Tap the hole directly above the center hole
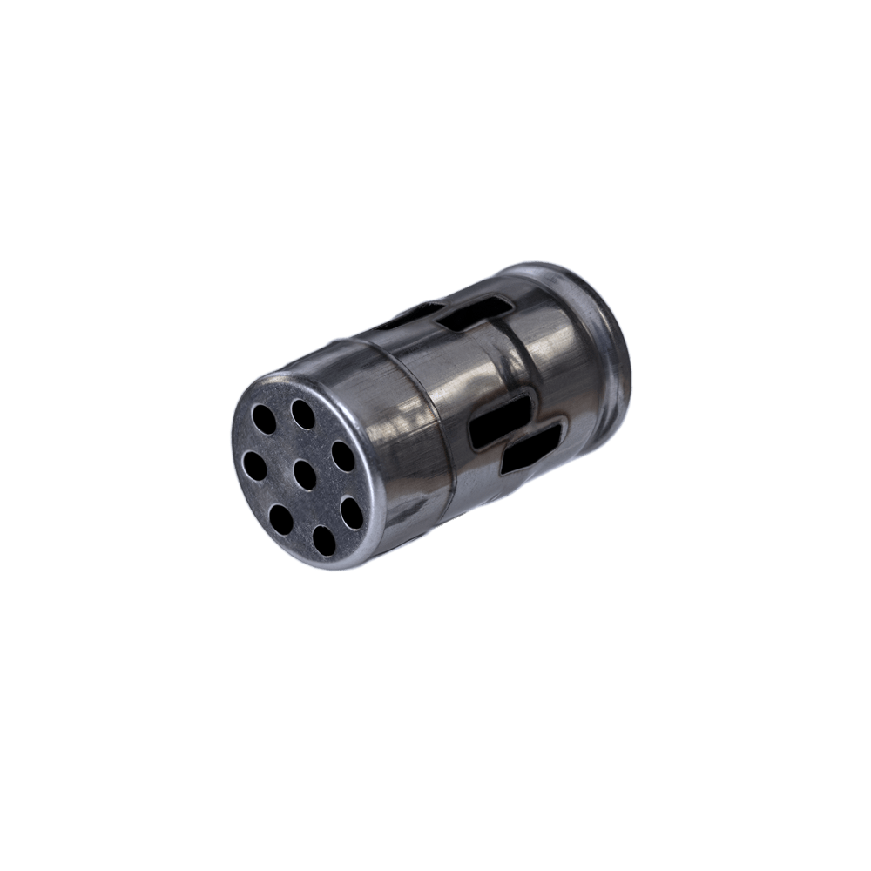coord(303,414)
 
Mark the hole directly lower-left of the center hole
coord(281,519)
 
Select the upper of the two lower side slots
coord(499,417)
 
